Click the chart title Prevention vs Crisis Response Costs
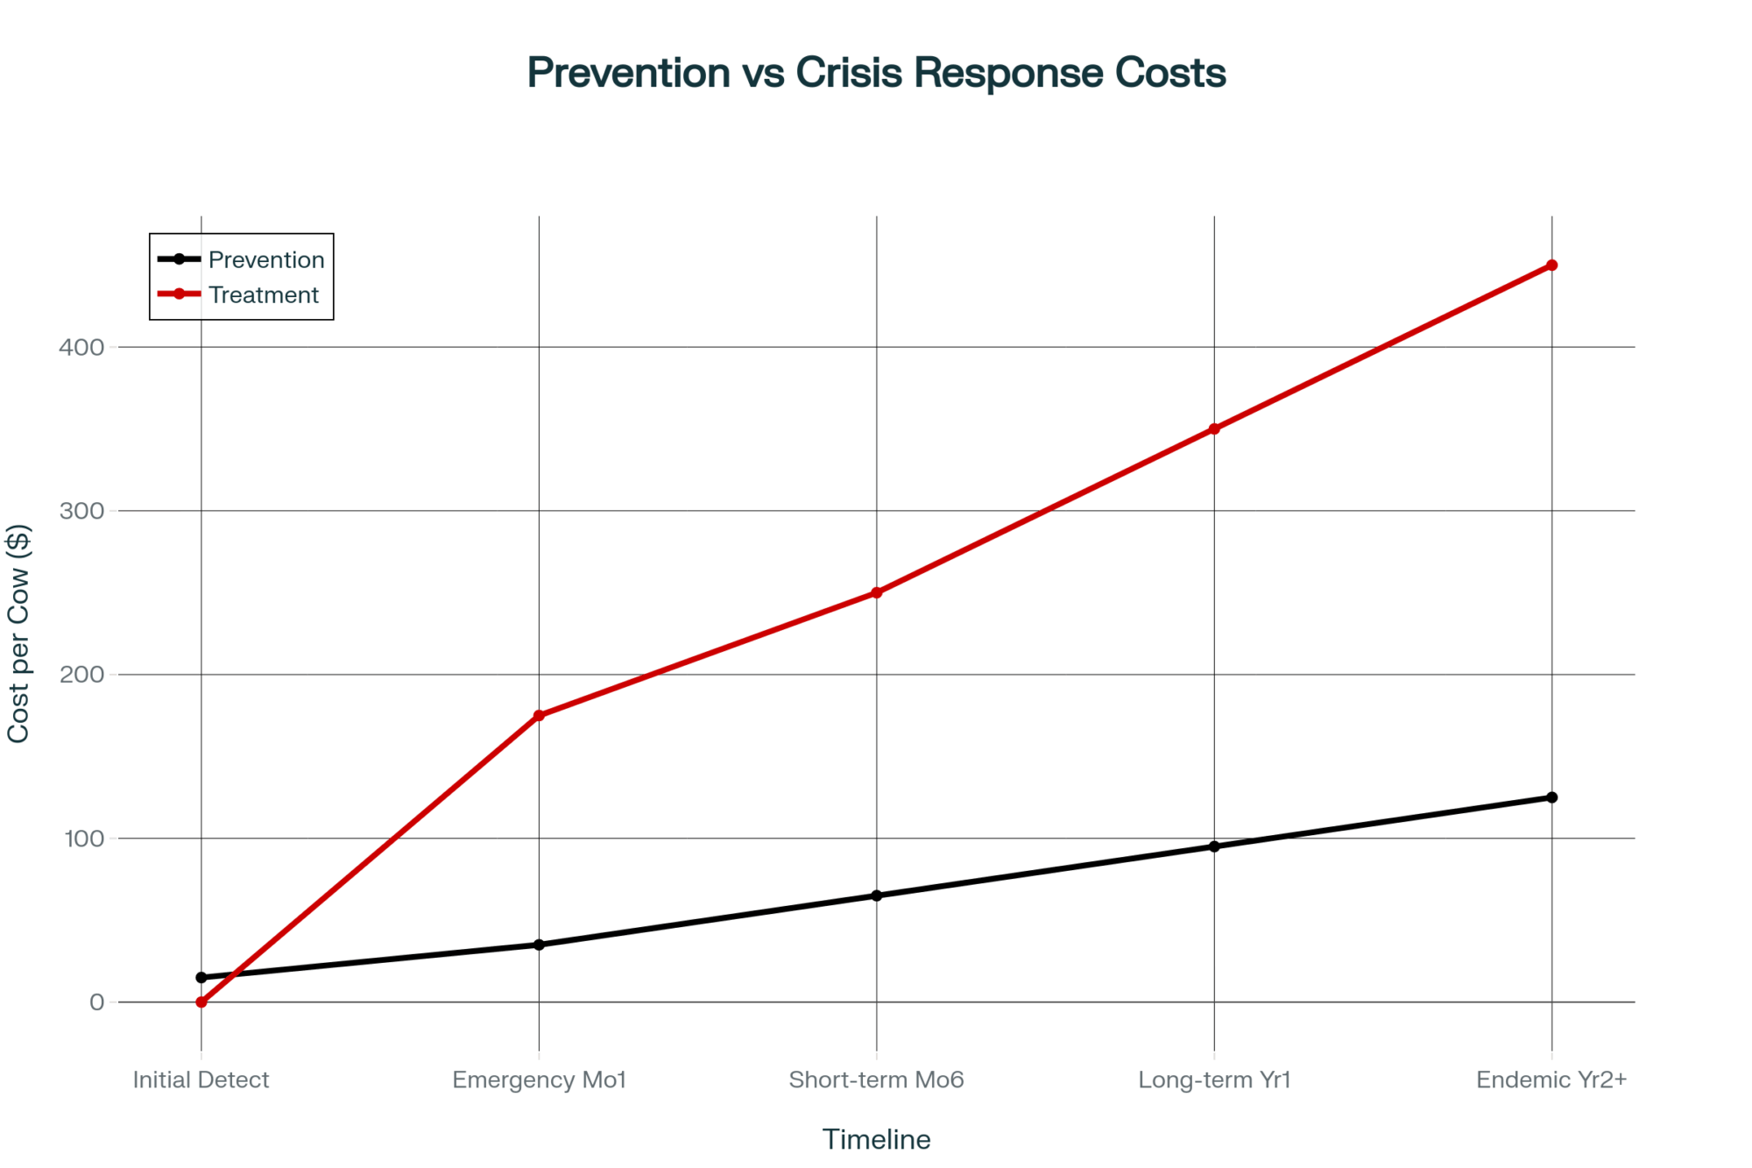[876, 73]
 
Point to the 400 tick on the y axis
[81, 348]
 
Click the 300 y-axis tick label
[81, 512]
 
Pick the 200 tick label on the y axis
[81, 676]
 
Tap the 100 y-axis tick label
[84, 839]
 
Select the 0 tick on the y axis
[96, 1002]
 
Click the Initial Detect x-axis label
[201, 1080]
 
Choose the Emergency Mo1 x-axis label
[539, 1080]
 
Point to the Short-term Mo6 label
[876, 1080]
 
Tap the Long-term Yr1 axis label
[1214, 1080]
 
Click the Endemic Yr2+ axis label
[1551, 1080]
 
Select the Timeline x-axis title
[876, 1140]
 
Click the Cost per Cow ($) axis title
[18, 634]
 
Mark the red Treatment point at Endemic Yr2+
[1551, 265]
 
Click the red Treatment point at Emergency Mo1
[539, 716]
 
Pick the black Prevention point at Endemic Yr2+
[1551, 797]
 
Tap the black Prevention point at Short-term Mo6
[876, 895]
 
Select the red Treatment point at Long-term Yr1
[1214, 429]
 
